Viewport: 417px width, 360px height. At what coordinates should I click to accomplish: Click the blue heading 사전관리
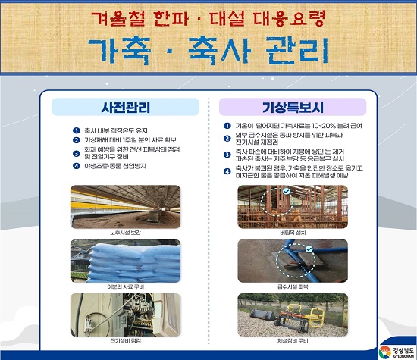click(126, 108)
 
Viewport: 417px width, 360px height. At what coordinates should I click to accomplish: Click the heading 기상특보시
click(293, 108)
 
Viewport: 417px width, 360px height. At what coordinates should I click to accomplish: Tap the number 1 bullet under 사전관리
click(77, 130)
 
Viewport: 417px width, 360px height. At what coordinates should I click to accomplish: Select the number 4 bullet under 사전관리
click(77, 166)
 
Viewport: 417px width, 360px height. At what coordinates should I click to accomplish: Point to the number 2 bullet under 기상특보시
click(227, 139)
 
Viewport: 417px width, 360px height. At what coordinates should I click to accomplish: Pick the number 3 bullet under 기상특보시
click(227, 155)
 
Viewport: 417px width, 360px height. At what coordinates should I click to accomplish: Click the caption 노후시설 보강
click(125, 233)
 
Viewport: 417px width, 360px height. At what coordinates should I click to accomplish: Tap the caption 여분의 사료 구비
click(126, 286)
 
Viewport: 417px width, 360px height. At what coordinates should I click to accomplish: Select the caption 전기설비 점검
click(125, 340)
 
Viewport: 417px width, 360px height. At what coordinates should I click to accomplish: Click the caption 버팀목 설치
click(293, 233)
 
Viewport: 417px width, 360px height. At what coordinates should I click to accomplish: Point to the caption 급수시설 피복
click(293, 286)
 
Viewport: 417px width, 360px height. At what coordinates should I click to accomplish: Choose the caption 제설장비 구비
click(293, 340)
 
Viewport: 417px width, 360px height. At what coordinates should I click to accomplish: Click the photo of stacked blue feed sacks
click(126, 261)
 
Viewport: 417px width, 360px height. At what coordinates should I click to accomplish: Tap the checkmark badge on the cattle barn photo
click(286, 191)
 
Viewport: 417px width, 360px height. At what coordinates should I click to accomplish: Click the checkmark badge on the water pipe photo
click(309, 249)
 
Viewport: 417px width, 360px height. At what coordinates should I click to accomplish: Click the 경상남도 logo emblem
click(385, 352)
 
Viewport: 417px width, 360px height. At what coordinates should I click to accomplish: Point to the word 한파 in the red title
click(171, 19)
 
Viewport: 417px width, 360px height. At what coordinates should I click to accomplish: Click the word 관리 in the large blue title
click(297, 51)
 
